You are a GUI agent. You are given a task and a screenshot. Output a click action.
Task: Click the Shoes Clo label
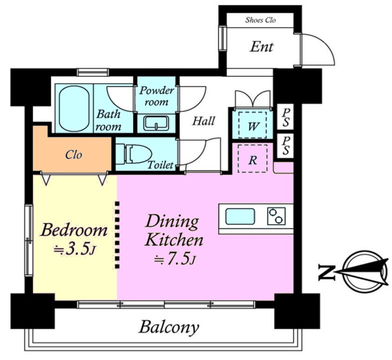pyautogui.click(x=261, y=20)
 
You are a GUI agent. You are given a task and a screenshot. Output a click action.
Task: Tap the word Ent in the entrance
pyautogui.click(x=262, y=47)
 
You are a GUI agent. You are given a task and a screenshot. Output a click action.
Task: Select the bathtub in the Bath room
pyautogui.click(x=74, y=109)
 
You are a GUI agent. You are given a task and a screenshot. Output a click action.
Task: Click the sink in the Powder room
pyautogui.click(x=156, y=123)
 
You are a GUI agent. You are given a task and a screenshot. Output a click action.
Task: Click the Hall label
pyautogui.click(x=204, y=121)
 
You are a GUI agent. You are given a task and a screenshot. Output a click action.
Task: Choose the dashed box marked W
pyautogui.click(x=253, y=125)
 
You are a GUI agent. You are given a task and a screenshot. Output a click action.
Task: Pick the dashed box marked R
pyautogui.click(x=253, y=159)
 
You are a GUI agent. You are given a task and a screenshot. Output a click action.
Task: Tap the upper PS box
pyautogui.click(x=285, y=117)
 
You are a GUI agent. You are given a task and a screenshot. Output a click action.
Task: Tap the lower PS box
pyautogui.click(x=285, y=146)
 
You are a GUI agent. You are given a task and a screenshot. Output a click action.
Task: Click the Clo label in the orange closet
pyautogui.click(x=74, y=155)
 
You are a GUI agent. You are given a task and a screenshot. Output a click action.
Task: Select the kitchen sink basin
pyautogui.click(x=240, y=216)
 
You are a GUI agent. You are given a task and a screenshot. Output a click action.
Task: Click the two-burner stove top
pyautogui.click(x=276, y=216)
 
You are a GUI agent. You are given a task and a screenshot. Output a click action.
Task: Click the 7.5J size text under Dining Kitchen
pyautogui.click(x=174, y=259)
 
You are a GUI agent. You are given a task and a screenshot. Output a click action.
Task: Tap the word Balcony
pyautogui.click(x=169, y=327)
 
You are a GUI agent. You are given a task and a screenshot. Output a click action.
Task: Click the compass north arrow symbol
pyautogui.click(x=363, y=272)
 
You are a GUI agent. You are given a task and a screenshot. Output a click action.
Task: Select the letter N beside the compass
pyautogui.click(x=326, y=272)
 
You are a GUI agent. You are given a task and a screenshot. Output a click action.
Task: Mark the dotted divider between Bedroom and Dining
pyautogui.click(x=117, y=235)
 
